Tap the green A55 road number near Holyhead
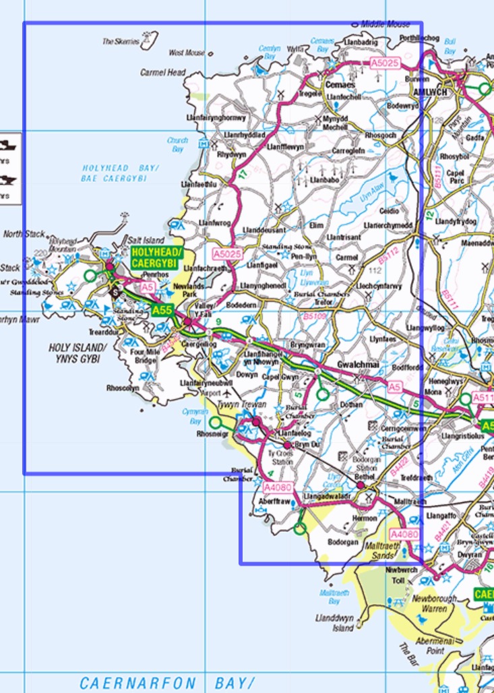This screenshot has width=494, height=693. point(162,311)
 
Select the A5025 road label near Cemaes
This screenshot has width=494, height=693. point(385,63)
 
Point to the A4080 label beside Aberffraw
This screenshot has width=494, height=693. point(276,487)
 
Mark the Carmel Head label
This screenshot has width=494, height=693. point(162,71)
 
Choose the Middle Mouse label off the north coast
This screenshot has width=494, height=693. point(385,24)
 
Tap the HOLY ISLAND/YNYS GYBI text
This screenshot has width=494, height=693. point(78,353)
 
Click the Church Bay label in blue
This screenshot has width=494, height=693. point(177,144)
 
